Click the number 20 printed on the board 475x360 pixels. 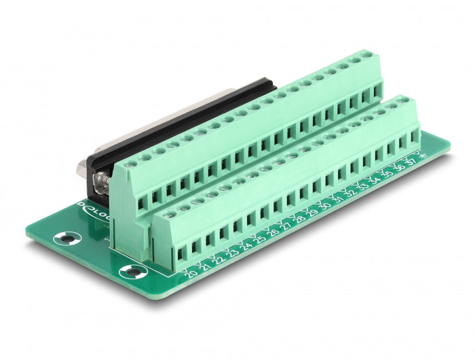point(191,274)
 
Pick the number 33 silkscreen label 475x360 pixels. point(364,186)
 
